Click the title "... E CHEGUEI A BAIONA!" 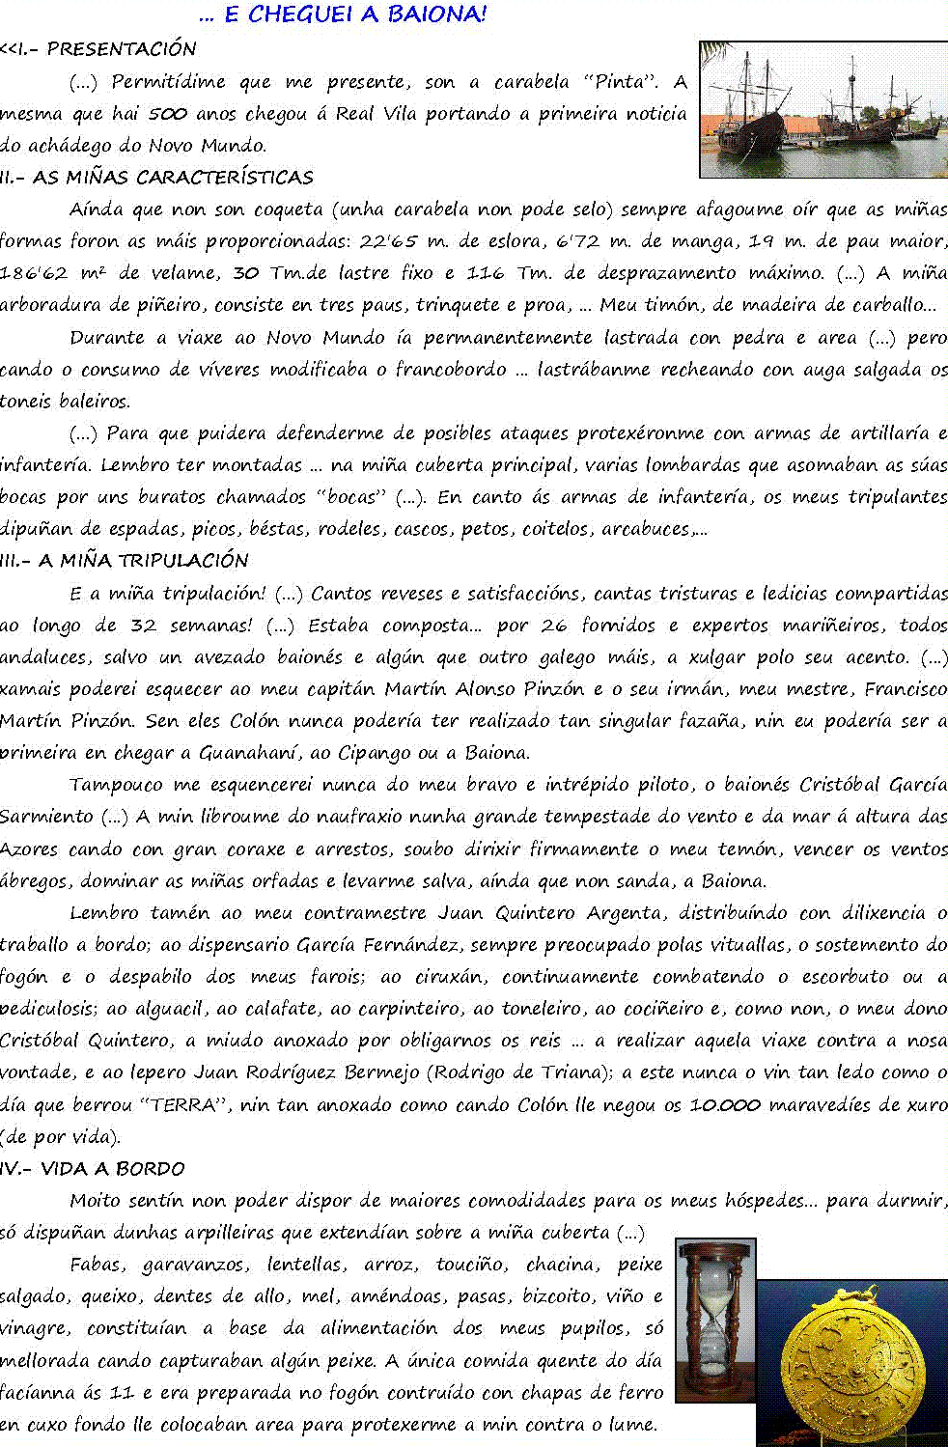[343, 14]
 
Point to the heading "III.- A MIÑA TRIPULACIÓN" [125, 561]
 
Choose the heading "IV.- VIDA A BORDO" [93, 1169]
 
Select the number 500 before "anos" [167, 114]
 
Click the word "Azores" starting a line [29, 849]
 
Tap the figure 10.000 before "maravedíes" [724, 1104]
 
